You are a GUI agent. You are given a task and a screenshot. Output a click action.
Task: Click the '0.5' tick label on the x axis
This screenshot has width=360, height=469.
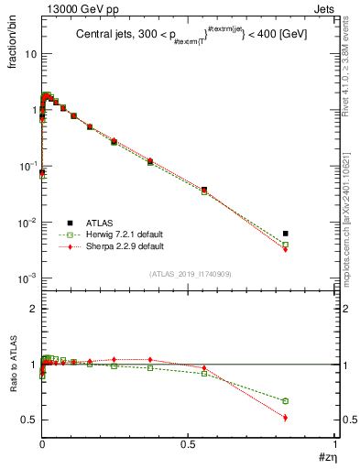pos(189,446)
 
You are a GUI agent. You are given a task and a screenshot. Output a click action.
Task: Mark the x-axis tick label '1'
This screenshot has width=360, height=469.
pos(335,446)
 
